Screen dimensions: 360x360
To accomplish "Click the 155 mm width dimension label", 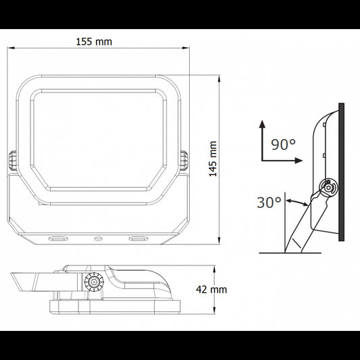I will [94, 41].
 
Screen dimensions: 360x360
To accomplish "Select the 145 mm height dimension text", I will [213, 159].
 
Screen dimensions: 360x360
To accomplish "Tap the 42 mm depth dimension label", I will [211, 289].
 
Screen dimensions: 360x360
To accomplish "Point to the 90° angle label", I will [283, 144].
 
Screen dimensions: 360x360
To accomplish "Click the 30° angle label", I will [269, 203].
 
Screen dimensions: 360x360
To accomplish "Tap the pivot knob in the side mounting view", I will [328, 187].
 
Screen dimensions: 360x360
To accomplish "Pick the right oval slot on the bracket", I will [139, 238].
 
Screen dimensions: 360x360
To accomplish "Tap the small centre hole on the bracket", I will [98, 238].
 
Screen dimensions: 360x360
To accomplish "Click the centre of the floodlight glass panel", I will [98, 140].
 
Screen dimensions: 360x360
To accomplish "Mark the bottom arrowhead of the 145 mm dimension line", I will [220, 242].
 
